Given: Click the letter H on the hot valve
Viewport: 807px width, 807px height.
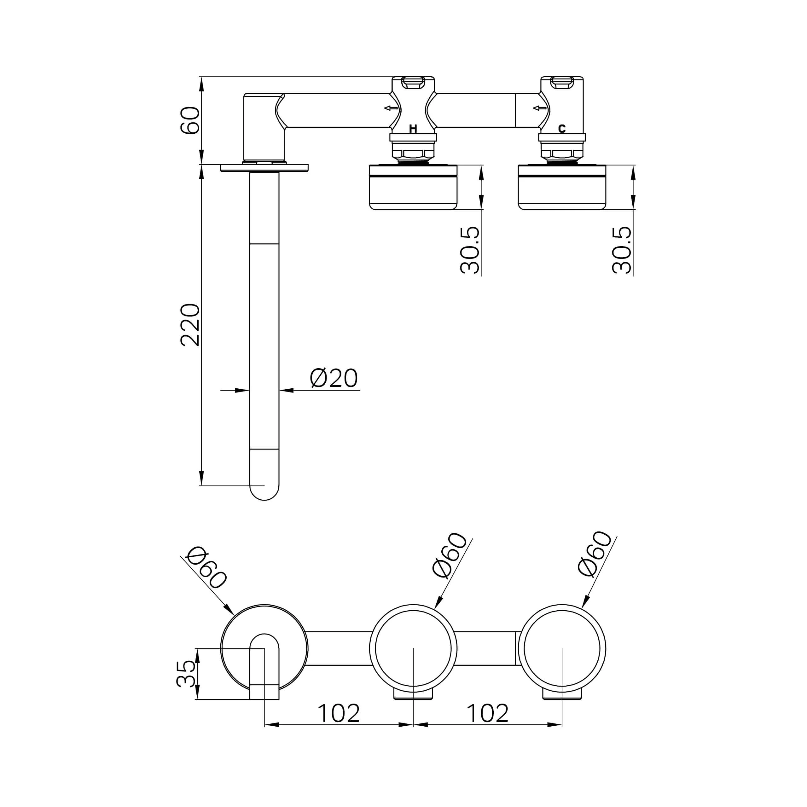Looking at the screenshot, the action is pyautogui.click(x=413, y=129).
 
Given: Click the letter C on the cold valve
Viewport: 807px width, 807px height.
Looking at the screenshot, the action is pyautogui.click(x=562, y=129).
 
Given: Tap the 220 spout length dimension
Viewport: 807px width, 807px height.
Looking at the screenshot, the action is pyautogui.click(x=190, y=325).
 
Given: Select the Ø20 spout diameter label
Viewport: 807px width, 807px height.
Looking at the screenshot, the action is pyautogui.click(x=334, y=378).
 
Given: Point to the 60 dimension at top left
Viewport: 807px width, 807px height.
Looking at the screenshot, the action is pyautogui.click(x=190, y=120).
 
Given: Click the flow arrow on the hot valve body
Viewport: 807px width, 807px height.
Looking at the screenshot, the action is pyautogui.click(x=391, y=108).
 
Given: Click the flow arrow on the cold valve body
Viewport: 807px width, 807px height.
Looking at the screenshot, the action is pyautogui.click(x=540, y=108).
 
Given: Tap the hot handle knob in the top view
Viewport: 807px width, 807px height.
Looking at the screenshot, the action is pyautogui.click(x=413, y=187).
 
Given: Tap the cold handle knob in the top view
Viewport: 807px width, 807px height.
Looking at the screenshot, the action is pyautogui.click(x=562, y=187).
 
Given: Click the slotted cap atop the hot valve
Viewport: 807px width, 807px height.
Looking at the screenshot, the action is pyautogui.click(x=413, y=82).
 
